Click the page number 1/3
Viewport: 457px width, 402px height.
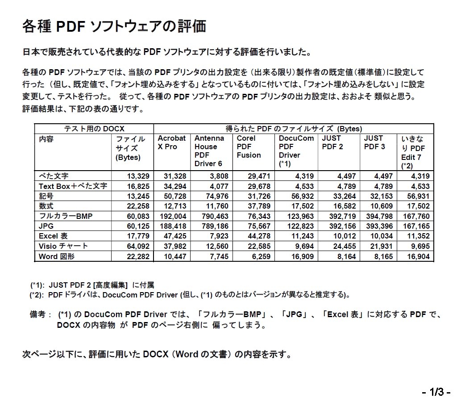[x=436, y=393]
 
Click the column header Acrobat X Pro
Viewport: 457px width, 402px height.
[x=171, y=142]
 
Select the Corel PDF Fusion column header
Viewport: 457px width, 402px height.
[x=249, y=147]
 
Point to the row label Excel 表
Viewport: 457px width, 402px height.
[x=53, y=236]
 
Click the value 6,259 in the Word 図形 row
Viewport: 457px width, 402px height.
[x=258, y=256]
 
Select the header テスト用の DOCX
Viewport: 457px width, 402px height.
[x=94, y=129]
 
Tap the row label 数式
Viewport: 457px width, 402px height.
[x=46, y=206]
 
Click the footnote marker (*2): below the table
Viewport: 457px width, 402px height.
[x=37, y=294]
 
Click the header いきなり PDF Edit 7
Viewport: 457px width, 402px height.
[x=414, y=152]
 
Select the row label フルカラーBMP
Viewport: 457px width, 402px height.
[x=65, y=216]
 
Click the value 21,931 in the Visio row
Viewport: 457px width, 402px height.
[x=381, y=246]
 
